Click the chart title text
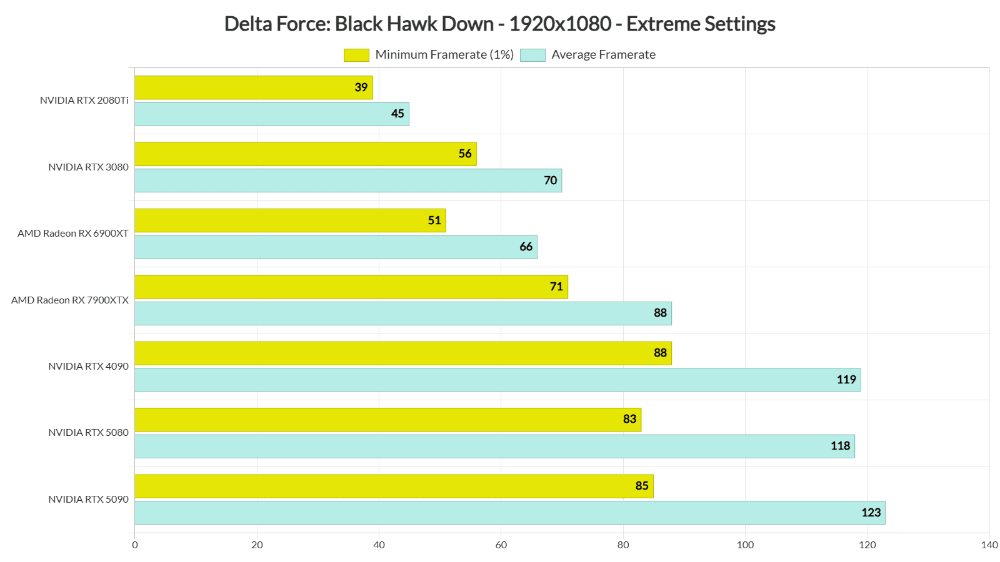499,24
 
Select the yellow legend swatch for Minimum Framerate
356,55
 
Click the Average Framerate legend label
603,55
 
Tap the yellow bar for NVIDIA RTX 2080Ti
253,87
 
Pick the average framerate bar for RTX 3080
347,180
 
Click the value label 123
871,513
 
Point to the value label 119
846,380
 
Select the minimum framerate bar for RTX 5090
394,486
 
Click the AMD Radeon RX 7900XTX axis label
70,300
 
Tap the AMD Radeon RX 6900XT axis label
73,234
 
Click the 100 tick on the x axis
745,545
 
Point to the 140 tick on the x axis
989,545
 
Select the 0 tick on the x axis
135,545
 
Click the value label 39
361,87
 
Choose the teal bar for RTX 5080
494,446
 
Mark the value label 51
434,220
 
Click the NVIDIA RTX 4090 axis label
88,367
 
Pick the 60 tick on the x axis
501,545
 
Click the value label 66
526,247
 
